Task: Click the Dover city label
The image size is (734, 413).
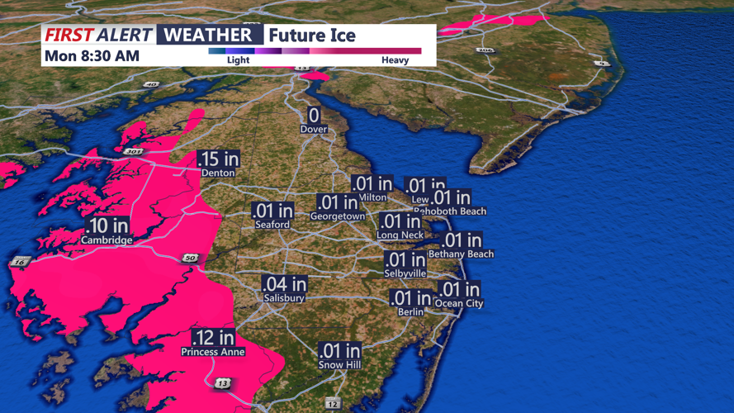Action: pos(314,129)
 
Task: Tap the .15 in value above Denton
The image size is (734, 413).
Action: pos(218,159)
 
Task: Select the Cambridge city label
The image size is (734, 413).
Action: pos(107,240)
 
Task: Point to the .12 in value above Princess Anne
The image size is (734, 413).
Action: pos(213,338)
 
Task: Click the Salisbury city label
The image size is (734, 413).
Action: pos(284,297)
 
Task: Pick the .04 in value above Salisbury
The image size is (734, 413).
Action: pos(284,283)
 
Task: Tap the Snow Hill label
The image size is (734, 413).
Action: pos(340,364)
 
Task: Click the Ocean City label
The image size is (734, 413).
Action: pos(459,303)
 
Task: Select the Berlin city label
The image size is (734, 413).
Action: pos(410,311)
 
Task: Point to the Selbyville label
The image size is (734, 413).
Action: pos(405,273)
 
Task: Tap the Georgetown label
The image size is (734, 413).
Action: pos(338,216)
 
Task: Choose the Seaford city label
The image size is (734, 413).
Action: pos(272,224)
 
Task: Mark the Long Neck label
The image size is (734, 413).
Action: pos(400,235)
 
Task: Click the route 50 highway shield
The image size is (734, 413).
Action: pos(190,259)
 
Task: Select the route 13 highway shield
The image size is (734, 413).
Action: pos(222,383)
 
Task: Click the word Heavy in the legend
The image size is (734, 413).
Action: pos(395,60)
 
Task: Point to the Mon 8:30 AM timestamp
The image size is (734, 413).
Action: pos(92,56)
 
